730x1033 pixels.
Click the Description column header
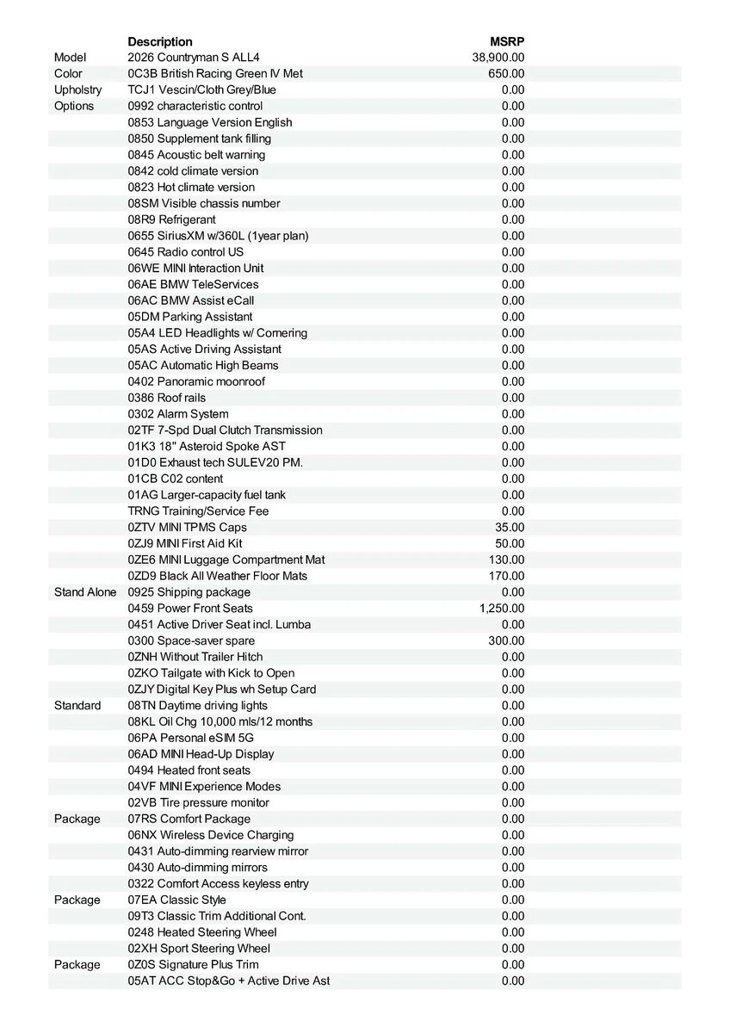160,41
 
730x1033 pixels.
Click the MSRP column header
507,41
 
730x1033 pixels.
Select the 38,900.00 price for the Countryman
498,58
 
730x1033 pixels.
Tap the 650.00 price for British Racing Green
506,74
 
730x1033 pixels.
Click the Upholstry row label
77,90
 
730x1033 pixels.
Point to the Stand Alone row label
85,592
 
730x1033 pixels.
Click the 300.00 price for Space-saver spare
506,640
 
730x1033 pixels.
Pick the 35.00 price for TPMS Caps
510,527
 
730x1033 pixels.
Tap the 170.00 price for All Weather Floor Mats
506,576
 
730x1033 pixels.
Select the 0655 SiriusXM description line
218,236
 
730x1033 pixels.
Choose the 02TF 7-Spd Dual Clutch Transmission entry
225,430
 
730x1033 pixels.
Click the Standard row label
77,706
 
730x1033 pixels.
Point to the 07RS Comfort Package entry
189,819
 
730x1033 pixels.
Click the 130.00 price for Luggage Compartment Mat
506,560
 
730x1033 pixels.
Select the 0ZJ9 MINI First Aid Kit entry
185,543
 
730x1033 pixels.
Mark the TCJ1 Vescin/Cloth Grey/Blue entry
202,90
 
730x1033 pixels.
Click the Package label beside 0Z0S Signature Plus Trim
77,965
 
